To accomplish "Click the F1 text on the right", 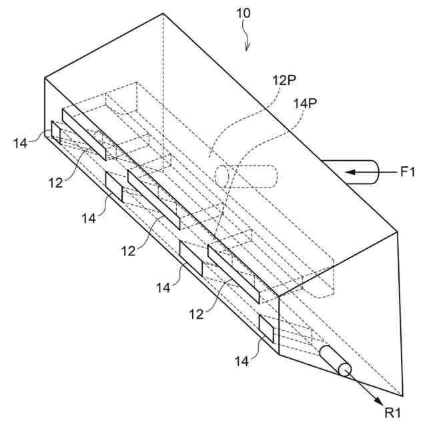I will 408,173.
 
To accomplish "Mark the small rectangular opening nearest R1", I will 266,327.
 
